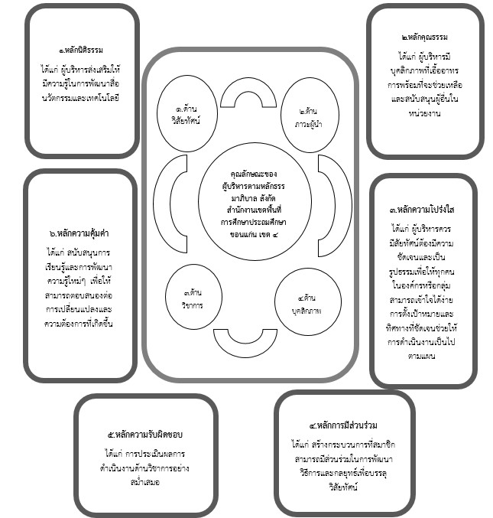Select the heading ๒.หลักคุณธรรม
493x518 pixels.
tap(425, 37)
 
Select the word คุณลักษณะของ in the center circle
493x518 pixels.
tap(248, 175)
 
